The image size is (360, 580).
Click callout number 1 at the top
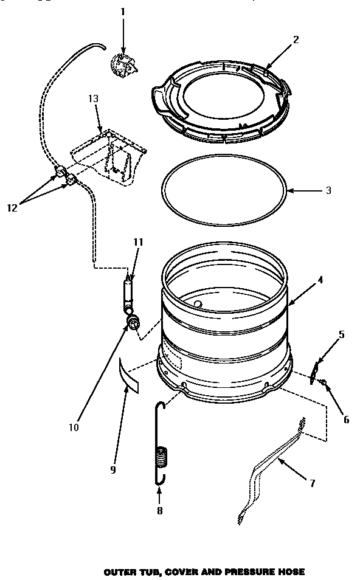123,12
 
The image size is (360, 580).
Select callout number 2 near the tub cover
296,41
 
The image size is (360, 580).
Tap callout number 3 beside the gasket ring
328,190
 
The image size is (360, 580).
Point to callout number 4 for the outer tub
319,280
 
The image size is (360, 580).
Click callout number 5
342,334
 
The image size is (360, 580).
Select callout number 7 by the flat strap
312,483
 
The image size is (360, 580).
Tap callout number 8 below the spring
159,511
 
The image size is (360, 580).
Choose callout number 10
74,427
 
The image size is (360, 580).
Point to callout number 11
138,241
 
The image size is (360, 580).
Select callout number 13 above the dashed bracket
93,98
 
